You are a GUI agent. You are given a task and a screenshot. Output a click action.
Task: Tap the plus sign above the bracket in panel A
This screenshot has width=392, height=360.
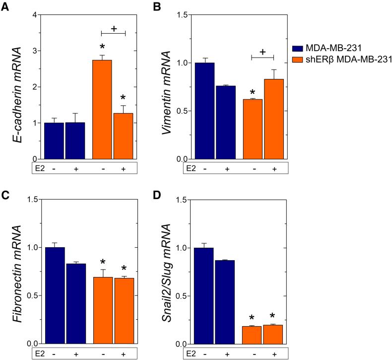[x=114, y=29]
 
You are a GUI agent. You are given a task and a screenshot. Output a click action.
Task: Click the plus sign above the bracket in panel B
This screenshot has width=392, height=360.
[x=262, y=52]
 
